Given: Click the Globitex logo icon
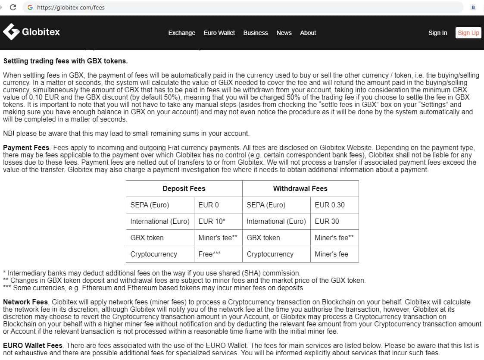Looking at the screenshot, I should point(11,31).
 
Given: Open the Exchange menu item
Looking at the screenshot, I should point(181,33).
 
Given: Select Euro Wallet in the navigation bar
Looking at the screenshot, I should point(219,33).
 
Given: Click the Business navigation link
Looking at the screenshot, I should point(256,33).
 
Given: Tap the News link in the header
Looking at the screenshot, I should point(284,33).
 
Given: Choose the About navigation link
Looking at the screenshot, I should point(308,33).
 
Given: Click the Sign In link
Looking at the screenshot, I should point(437,33).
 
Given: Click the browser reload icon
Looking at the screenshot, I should point(13,7).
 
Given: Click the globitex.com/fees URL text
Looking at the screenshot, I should point(71,7).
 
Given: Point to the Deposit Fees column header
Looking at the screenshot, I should point(184,188).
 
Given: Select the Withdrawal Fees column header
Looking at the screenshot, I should point(300,188).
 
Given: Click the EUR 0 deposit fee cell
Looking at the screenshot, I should point(209,205).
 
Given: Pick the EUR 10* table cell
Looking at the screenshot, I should point(212,221).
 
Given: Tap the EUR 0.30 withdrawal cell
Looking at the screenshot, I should point(330,205).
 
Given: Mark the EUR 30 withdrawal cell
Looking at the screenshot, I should point(327,221).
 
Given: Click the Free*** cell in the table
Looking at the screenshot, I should point(209,254).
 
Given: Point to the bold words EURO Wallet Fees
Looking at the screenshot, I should point(33,345).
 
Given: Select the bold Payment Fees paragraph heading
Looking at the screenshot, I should point(26,148).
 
